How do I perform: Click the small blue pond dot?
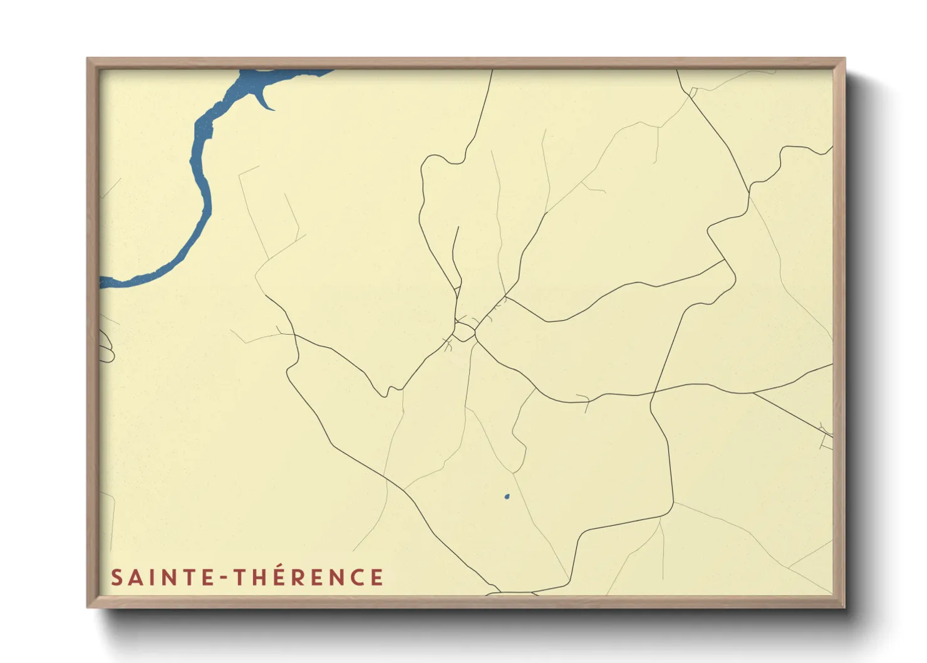click(507, 498)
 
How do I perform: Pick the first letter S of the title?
click(117, 578)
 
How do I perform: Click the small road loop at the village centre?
click(464, 331)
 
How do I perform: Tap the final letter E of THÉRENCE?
click(376, 577)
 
